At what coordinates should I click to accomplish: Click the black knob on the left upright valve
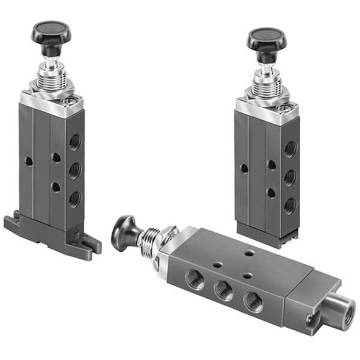(x=51, y=31)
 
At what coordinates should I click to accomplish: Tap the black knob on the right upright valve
(x=266, y=38)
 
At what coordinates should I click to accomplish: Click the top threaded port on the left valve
(x=75, y=143)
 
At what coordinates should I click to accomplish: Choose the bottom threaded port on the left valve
(x=75, y=199)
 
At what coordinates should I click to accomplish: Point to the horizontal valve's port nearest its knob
(x=195, y=279)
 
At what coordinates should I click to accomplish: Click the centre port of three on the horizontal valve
(x=224, y=290)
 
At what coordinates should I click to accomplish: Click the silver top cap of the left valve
(x=53, y=103)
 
